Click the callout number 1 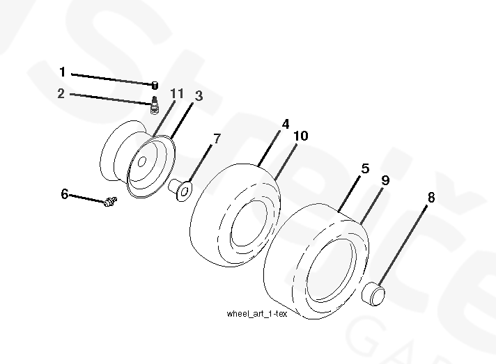[x=63, y=72]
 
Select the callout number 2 [x=61, y=93]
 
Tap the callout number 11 [x=177, y=93]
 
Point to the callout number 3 [x=199, y=96]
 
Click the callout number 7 [x=217, y=139]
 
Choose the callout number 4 [x=286, y=124]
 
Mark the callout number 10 [x=301, y=136]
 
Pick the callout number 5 [x=365, y=168]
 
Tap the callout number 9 [x=385, y=180]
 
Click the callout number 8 [x=431, y=198]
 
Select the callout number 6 [x=65, y=193]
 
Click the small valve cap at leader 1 [x=155, y=86]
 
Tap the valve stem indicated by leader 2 [x=155, y=106]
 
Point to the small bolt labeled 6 [x=110, y=202]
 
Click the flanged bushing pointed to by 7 [x=180, y=189]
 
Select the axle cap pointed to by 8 [x=373, y=294]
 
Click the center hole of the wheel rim [x=142, y=161]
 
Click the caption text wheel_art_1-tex [x=257, y=314]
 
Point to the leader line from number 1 [x=112, y=79]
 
